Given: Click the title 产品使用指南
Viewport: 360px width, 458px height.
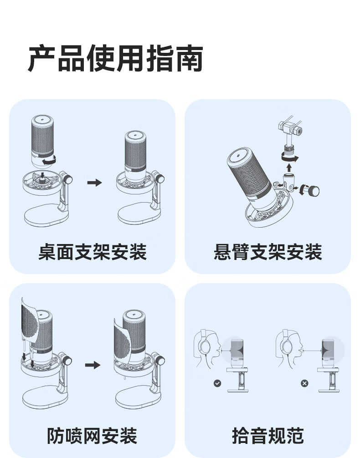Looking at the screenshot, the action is pos(115,58).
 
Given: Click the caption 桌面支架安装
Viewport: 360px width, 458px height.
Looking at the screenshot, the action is pos(93,252).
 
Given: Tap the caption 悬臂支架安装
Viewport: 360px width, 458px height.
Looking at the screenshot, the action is pos(268,252).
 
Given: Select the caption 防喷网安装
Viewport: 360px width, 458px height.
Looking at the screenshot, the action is pos(93,436).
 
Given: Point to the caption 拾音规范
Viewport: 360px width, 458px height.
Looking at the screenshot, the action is pos(268,436).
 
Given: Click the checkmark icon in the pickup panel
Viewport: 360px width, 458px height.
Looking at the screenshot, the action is pos(217,383).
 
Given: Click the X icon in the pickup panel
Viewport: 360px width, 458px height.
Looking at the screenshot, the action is pos(304,383).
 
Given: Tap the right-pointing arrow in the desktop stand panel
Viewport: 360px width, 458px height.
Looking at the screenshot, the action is pos(95,183).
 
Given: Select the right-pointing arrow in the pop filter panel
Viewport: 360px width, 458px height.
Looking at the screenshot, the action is pos(93,365).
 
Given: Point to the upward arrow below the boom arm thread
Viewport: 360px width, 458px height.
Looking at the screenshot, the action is pos(289,168).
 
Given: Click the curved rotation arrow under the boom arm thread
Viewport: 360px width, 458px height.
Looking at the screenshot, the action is pos(290,158).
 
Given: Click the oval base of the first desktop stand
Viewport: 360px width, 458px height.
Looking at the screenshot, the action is pos(46,215).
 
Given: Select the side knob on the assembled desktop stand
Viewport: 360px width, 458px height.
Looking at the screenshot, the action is pos(159,178).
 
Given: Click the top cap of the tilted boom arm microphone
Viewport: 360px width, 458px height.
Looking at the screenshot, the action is pos(239,156).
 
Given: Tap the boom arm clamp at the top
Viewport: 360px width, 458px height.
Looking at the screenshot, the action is pos(290,128).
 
